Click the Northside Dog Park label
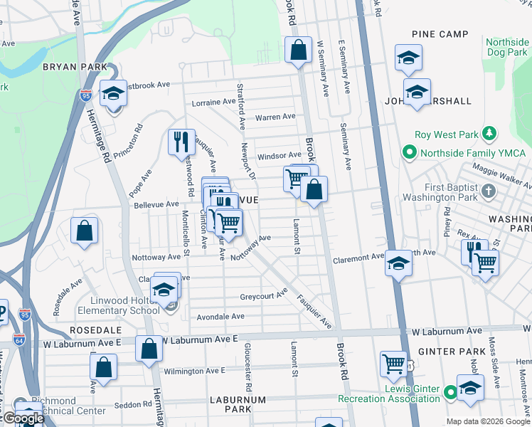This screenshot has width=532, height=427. coord(507,48)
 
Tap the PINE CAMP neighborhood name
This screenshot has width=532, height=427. coord(440,34)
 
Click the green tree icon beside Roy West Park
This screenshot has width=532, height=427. coord(489,134)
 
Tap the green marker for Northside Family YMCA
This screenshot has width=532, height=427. coord(410,152)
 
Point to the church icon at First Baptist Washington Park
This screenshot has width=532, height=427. coord(488,191)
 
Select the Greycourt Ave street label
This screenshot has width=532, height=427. coord(263,294)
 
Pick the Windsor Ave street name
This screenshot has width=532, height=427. coord(279,155)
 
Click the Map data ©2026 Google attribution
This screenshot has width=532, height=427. coord(488,421)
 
